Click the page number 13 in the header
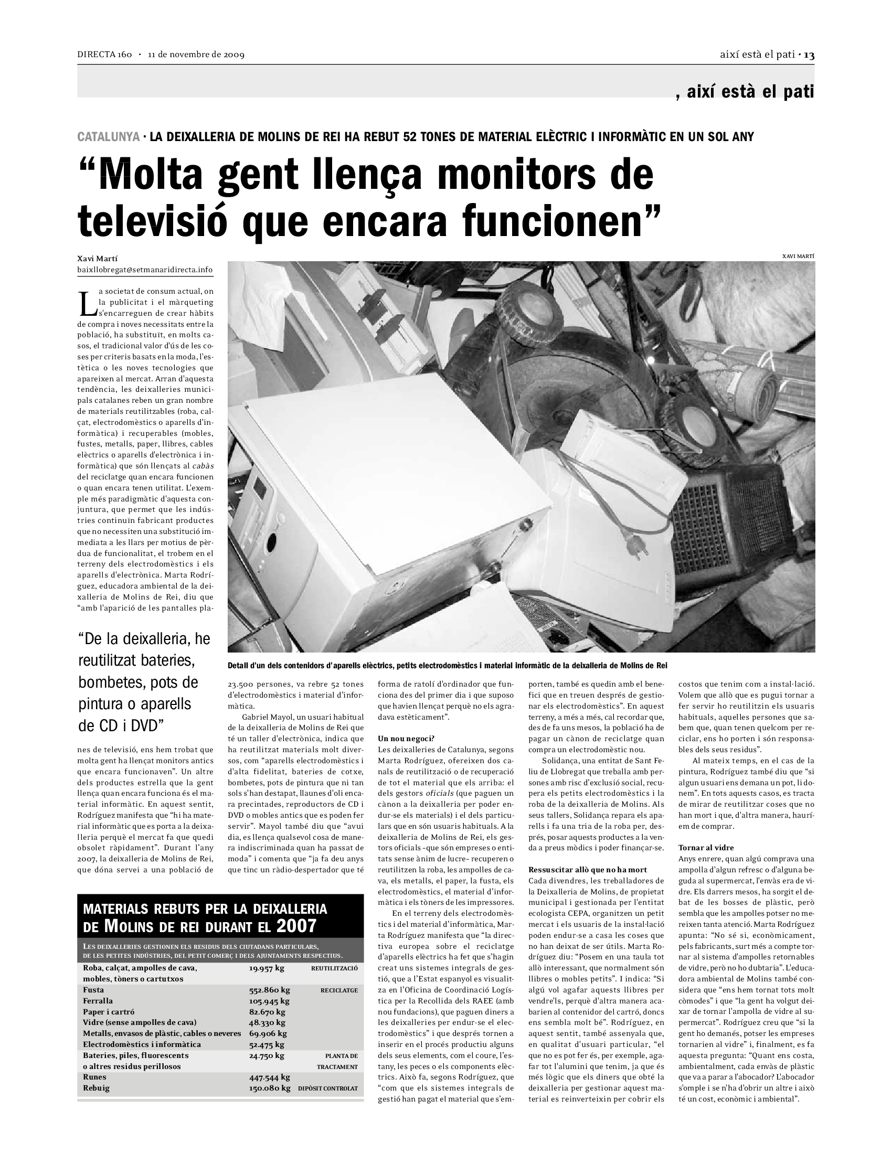809,55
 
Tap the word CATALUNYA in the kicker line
108,137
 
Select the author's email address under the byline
145,270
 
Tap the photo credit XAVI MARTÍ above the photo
799,257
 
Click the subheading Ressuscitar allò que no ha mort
588,870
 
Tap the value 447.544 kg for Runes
270,1077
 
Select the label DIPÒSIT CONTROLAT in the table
328,1088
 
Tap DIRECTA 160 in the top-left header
104,55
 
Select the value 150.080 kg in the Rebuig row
270,1088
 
